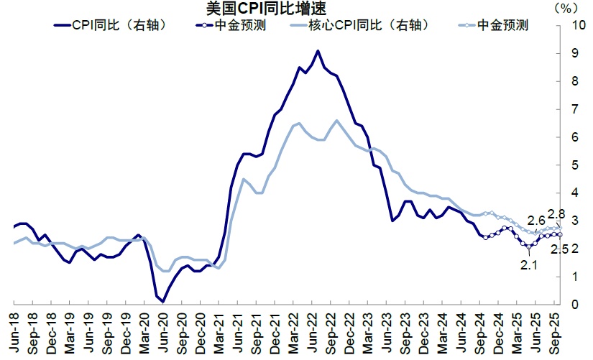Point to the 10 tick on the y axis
tap(576, 26)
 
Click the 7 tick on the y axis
tap(574, 109)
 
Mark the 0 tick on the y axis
tap(574, 305)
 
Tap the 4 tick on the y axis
tap(574, 193)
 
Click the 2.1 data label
tap(528, 264)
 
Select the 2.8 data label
tap(556, 213)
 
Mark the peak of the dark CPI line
tap(318, 51)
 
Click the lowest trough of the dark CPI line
tap(162, 302)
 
